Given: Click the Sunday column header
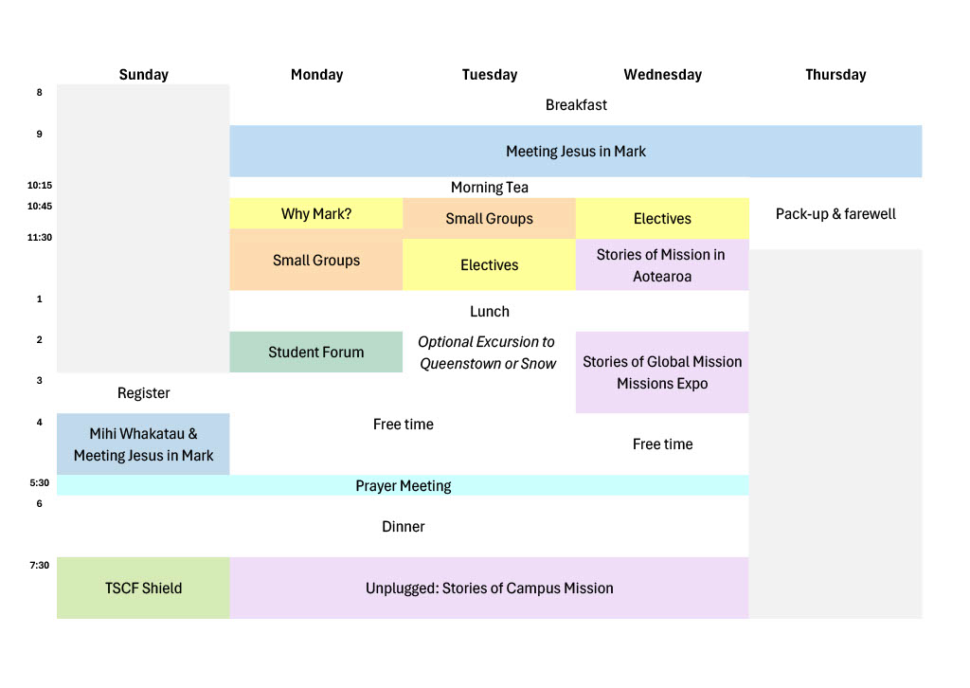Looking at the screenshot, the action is click(144, 75).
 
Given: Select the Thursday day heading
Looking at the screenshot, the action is click(835, 75).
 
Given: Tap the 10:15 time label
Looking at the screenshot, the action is click(40, 185).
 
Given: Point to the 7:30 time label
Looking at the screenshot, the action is click(40, 565).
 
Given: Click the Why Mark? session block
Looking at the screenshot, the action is click(316, 213).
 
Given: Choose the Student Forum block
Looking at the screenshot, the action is click(316, 352).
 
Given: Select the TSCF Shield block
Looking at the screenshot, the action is click(144, 588).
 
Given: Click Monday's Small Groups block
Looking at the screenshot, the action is click(316, 260).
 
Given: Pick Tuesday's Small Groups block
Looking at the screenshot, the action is click(490, 218).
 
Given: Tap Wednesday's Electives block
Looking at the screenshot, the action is click(662, 218).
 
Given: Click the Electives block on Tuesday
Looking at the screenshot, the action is click(490, 264).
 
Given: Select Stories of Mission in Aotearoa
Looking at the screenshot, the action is click(662, 264).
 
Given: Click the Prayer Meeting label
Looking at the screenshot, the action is click(404, 486).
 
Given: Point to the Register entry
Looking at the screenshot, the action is click(144, 393).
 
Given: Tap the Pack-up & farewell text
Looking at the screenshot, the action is click(835, 213).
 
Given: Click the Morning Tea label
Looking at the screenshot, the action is click(490, 188).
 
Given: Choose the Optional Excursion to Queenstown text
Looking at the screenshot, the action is click(488, 353).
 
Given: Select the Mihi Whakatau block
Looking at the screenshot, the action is click(144, 444).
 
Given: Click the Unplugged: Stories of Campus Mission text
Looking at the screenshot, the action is click(490, 588).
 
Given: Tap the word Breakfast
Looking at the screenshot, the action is click(576, 105).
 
